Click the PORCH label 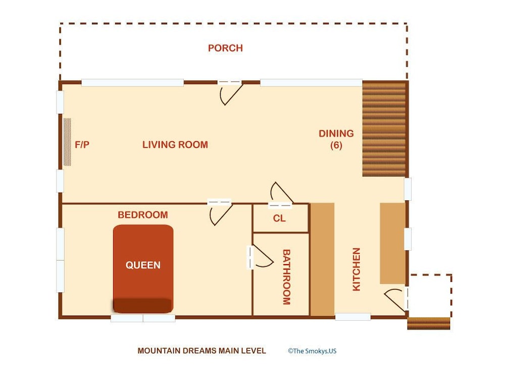[x=225, y=48]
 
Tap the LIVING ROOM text [x=175, y=145]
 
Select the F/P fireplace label [x=82, y=145]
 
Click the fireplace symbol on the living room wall [x=67, y=142]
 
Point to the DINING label [x=336, y=133]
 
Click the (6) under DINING [x=336, y=145]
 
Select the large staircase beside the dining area [x=384, y=129]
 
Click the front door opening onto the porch [x=231, y=93]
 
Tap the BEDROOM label [x=143, y=215]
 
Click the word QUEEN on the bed [x=143, y=265]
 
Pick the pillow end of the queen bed [x=143, y=306]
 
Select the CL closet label [x=279, y=219]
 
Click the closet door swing [x=281, y=194]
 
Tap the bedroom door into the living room [x=220, y=213]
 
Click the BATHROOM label [x=286, y=277]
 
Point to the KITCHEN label [x=356, y=269]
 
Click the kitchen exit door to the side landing [x=395, y=300]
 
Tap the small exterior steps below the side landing [x=429, y=323]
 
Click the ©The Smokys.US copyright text [x=312, y=351]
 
